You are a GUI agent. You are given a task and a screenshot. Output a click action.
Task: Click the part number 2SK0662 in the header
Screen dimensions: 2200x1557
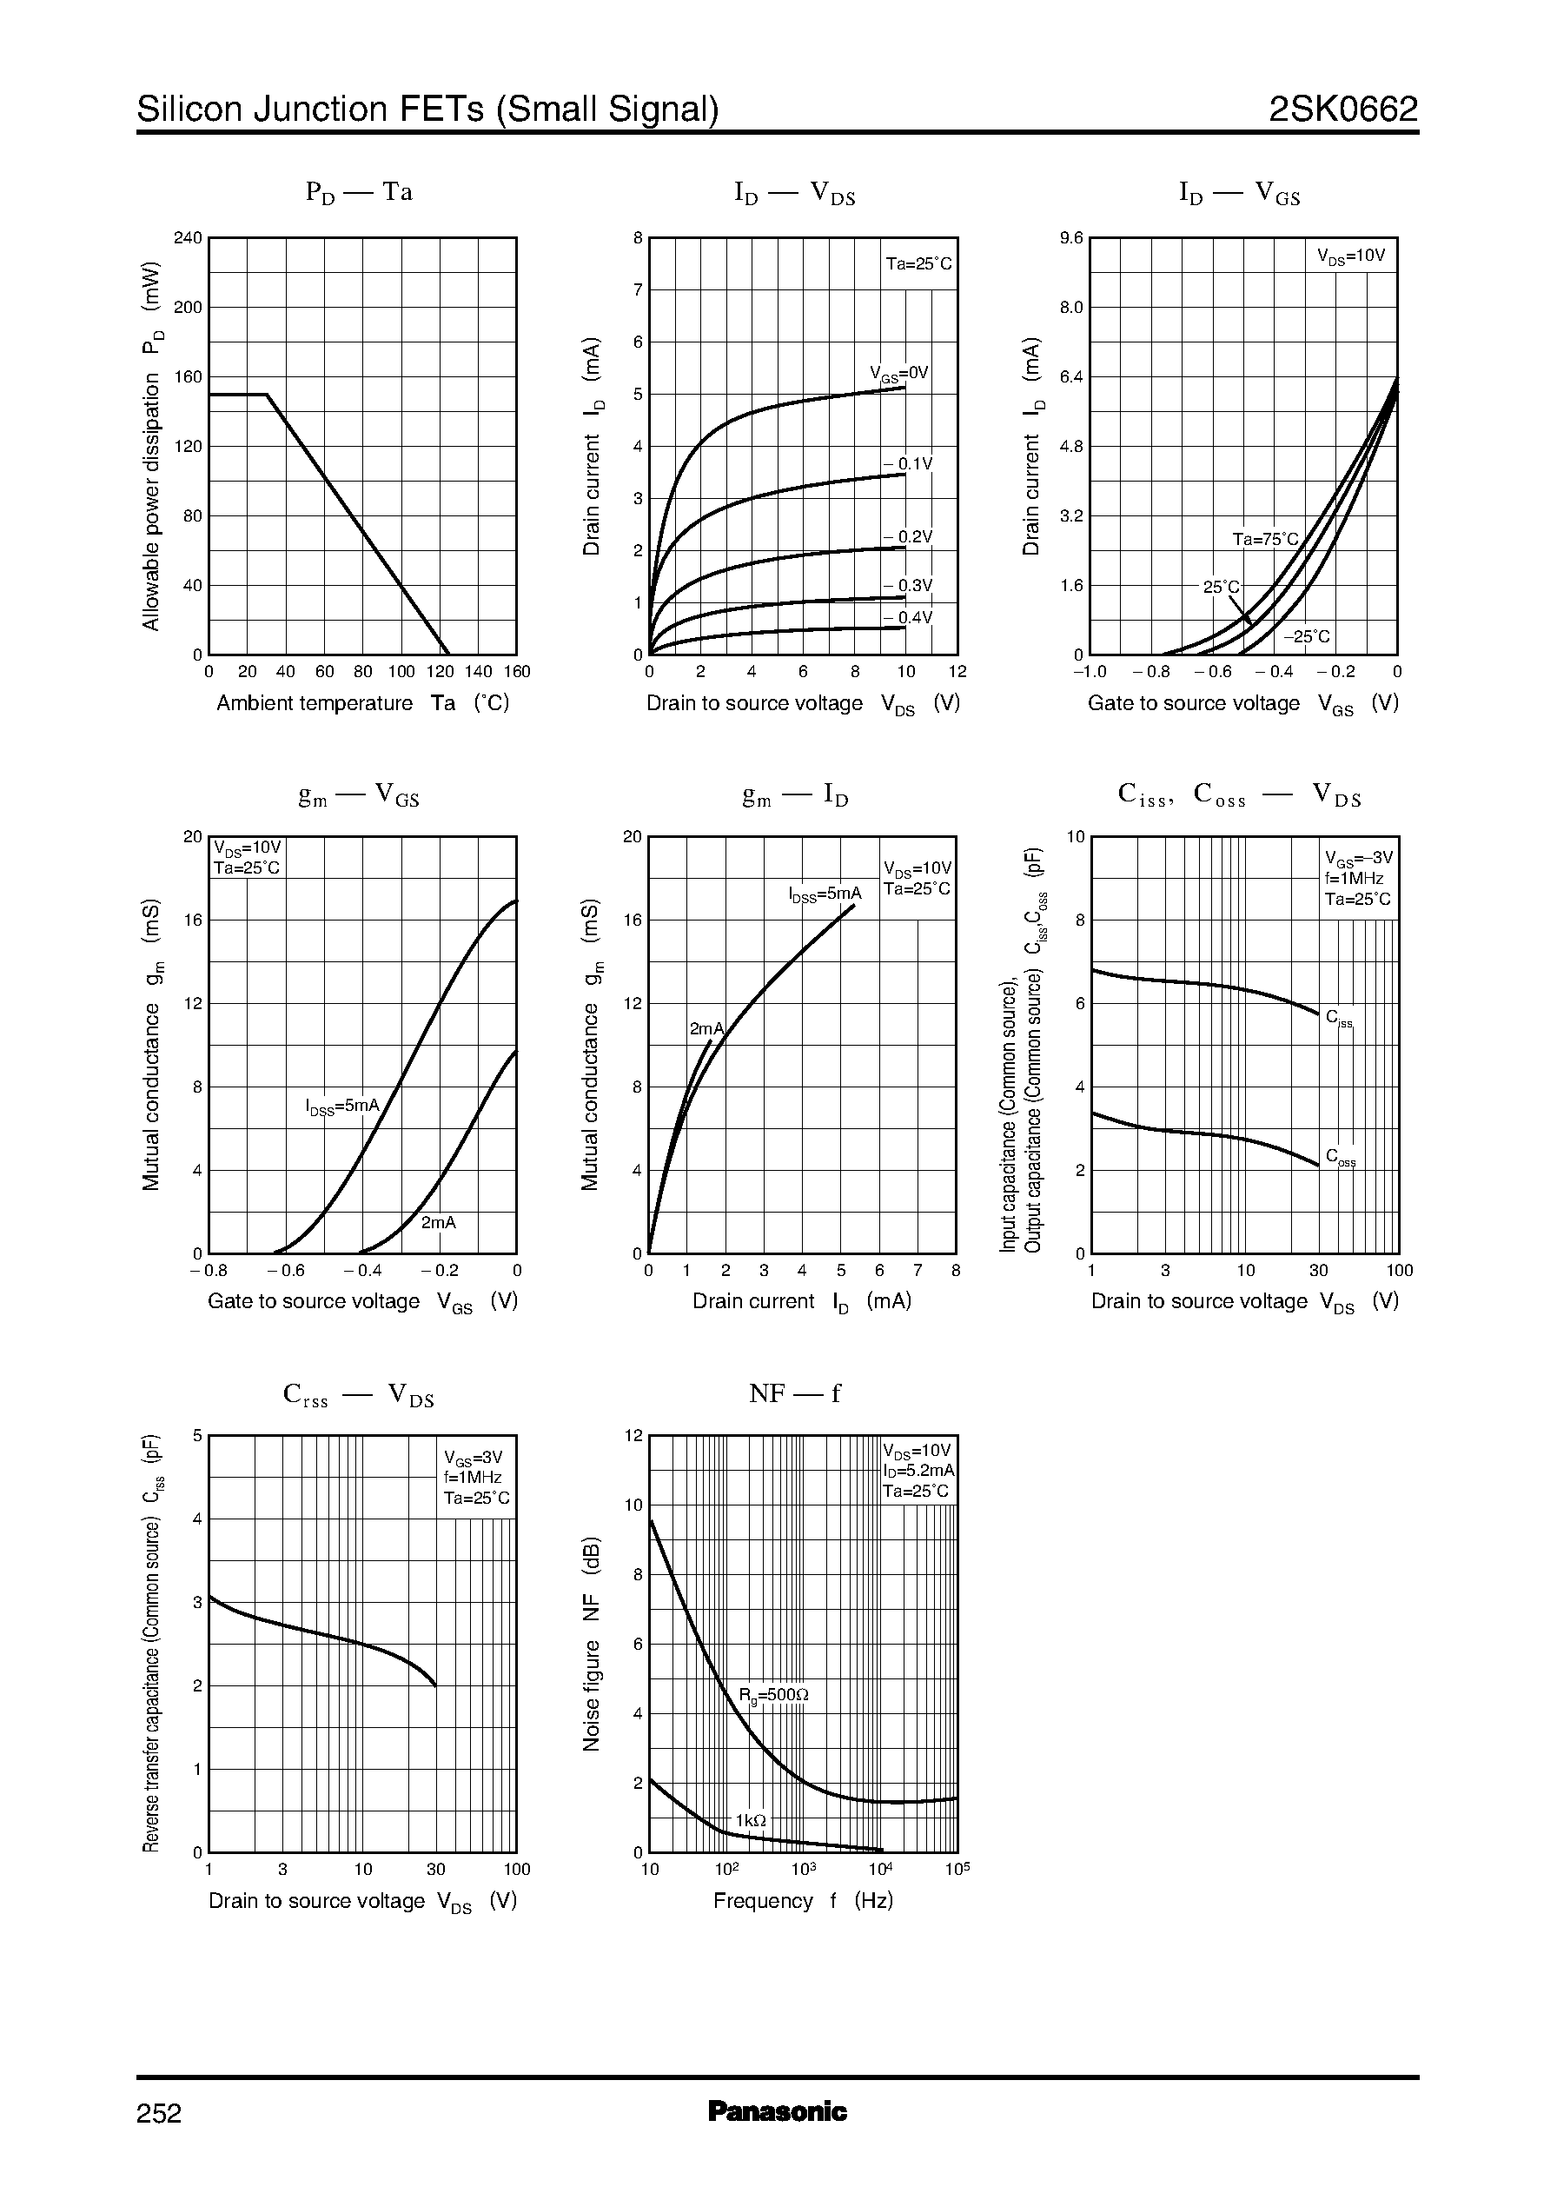[1342, 110]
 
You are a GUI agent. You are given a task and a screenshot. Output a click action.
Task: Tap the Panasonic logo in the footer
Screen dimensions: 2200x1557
[778, 2111]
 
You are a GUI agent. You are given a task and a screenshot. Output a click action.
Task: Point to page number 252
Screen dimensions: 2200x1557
[159, 2114]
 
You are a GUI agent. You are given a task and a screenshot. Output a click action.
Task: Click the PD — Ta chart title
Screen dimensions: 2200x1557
[360, 193]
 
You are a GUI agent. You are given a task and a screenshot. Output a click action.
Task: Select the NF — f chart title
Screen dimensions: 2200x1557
[795, 1393]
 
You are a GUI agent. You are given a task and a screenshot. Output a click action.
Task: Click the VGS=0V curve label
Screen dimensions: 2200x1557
[899, 373]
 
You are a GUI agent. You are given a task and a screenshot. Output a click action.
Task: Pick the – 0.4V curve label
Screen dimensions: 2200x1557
[907, 618]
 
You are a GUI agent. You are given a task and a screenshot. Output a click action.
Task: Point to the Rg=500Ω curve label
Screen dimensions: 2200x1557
[773, 1696]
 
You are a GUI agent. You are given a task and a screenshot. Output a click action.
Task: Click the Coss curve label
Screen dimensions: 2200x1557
[1341, 1158]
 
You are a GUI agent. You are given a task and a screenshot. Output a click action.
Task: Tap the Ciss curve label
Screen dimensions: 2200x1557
[1340, 1019]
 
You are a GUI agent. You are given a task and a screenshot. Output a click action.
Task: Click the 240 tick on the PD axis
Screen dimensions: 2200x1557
[188, 238]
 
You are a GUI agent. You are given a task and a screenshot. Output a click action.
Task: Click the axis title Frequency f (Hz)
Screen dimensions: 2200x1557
[804, 1901]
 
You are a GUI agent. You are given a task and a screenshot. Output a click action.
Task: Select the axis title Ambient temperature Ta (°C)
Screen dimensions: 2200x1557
[362, 703]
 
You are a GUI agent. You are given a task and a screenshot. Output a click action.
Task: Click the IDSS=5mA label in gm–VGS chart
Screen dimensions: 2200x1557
[343, 1106]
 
